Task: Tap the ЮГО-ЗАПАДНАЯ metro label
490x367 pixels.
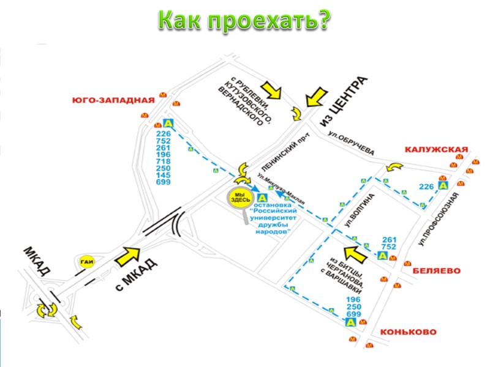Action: click(x=111, y=100)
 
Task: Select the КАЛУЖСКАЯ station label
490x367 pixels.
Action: click(x=435, y=149)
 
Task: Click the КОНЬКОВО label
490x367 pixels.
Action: click(x=409, y=332)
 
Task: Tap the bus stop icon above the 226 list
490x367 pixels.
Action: click(x=167, y=123)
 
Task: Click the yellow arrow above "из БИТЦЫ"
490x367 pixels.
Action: click(x=355, y=252)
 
